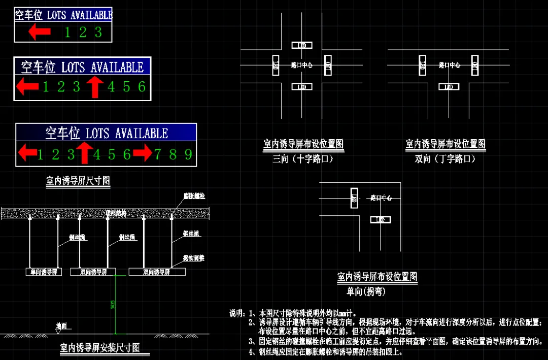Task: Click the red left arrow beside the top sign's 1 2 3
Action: (x=39, y=32)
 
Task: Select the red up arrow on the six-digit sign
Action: (x=95, y=87)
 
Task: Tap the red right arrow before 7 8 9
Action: (x=143, y=153)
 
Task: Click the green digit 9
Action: (x=188, y=154)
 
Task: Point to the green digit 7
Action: (x=158, y=154)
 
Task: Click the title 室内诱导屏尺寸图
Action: (x=78, y=181)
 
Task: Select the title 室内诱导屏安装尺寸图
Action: (x=100, y=348)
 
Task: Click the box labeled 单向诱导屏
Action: (x=44, y=272)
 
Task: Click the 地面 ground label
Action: (x=61, y=326)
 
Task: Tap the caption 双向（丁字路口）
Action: (x=445, y=159)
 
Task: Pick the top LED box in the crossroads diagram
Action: (x=302, y=45)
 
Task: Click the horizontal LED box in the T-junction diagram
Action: (x=449, y=87)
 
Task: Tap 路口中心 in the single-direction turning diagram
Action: (x=381, y=198)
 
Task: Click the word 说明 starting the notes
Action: (x=236, y=313)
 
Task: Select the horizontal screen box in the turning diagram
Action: (x=381, y=220)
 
